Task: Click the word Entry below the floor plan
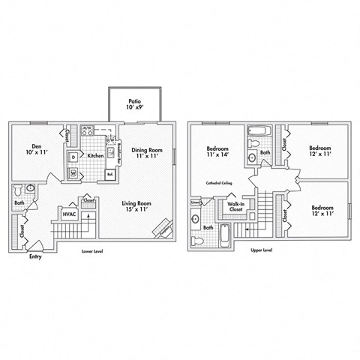pos(35,257)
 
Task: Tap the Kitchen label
pos(95,156)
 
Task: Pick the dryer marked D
pos(73,157)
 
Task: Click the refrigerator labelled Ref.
pos(109,174)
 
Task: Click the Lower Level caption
pos(92,251)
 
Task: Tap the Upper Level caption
pos(262,250)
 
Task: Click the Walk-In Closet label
pos(235,206)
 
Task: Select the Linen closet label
pos(196,202)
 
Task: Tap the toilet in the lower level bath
pos(30,189)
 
